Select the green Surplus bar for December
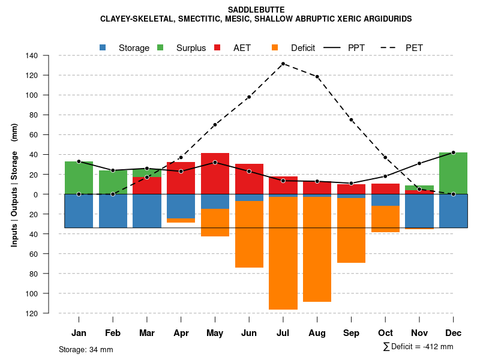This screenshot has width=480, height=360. click(453, 173)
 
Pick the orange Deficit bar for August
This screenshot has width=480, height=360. click(317, 249)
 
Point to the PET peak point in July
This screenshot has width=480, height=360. click(283, 64)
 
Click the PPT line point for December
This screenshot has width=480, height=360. click(453, 152)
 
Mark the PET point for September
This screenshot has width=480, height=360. click(351, 120)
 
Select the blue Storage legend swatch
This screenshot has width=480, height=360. click(103, 47)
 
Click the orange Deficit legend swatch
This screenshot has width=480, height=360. click(275, 47)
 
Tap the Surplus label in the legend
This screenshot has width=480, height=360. click(191, 48)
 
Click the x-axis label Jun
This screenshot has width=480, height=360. click(249, 333)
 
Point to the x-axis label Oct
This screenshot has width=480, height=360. click(385, 333)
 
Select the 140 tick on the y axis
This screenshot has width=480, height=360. click(49, 56)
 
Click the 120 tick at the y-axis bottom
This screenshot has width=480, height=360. click(49, 313)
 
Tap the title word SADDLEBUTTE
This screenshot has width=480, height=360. click(256, 10)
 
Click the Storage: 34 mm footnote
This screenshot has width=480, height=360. click(86, 349)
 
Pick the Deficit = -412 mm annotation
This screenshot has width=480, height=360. click(418, 347)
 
